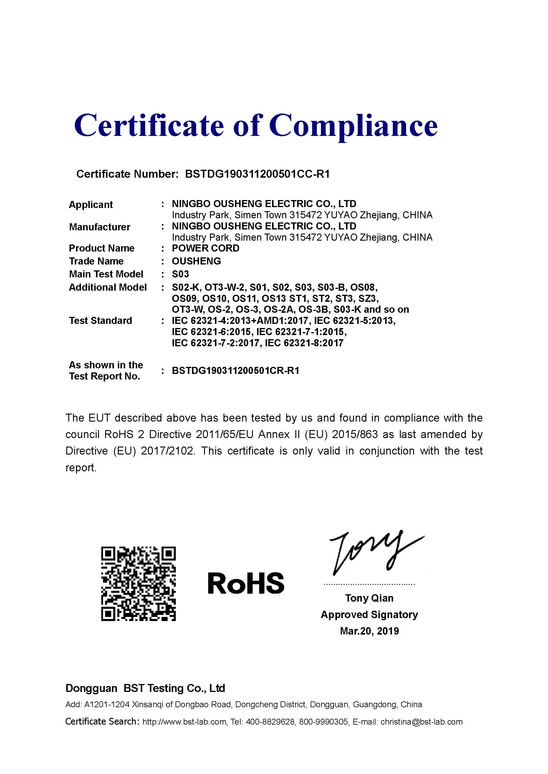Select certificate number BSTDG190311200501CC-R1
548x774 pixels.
pos(257,174)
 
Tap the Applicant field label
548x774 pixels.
pos(91,205)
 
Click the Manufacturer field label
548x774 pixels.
pos(100,227)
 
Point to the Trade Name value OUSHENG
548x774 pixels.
pos(196,261)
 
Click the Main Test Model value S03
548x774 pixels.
pos(180,274)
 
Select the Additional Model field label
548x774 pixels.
pos(108,287)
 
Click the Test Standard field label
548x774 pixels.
pos(100,321)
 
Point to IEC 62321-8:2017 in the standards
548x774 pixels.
pos(304,343)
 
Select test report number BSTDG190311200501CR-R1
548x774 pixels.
pos(236,370)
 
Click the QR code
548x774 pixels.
pos(138,584)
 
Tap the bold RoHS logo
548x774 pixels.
pos(246,583)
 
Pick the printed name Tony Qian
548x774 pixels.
pos(369,598)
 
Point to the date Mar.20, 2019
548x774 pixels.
pos(369,631)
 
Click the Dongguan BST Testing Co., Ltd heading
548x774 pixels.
pos(145,688)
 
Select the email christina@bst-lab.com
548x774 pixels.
pos(421,722)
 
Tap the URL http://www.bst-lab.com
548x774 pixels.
pos(184,722)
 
